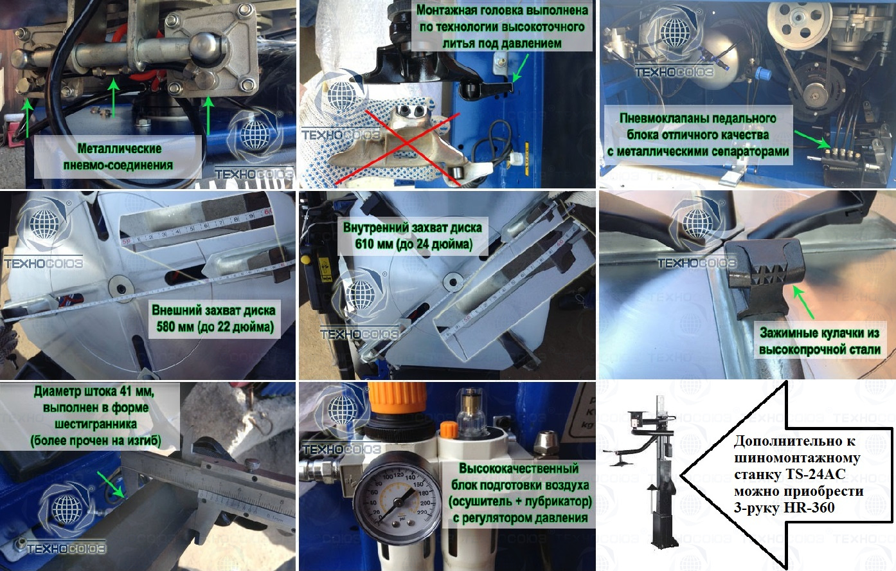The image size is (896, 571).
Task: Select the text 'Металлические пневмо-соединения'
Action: (118, 156)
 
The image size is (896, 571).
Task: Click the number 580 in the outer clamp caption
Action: (166, 327)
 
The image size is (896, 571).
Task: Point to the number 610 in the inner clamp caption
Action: (364, 244)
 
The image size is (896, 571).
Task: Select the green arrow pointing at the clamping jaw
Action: (803, 302)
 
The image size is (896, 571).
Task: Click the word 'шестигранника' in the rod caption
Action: (95, 424)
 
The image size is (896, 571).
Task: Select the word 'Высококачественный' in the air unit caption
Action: (519, 468)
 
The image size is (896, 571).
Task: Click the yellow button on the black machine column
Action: (305, 260)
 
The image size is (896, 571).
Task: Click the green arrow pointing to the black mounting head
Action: (521, 68)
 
